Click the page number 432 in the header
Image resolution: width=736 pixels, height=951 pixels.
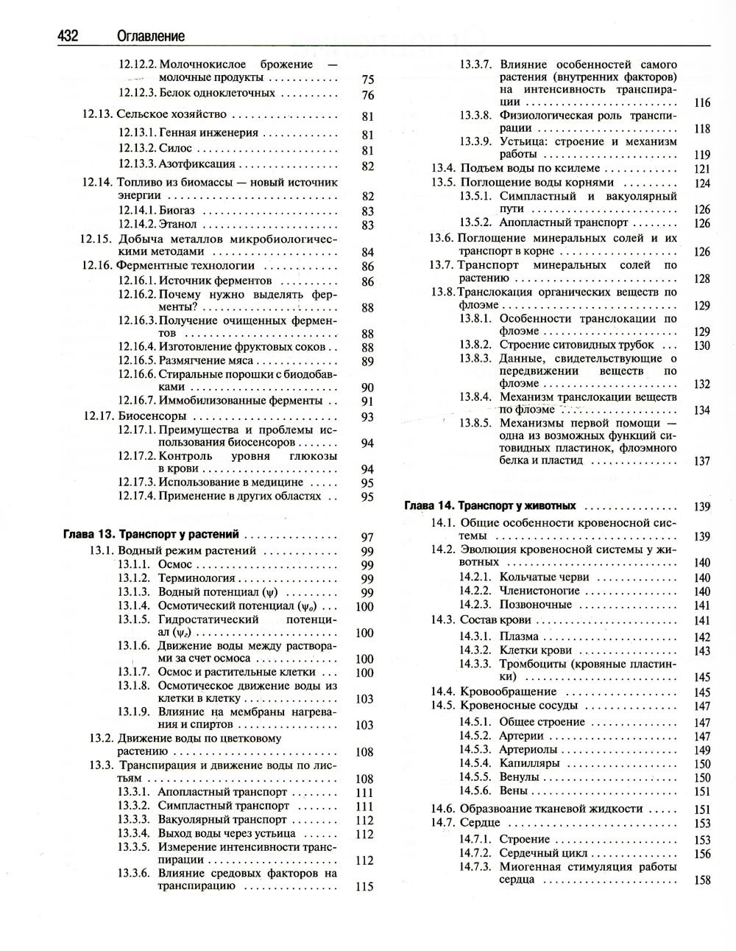point(67,35)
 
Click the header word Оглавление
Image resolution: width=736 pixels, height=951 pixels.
point(150,35)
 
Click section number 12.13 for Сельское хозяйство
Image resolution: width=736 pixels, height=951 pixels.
point(97,114)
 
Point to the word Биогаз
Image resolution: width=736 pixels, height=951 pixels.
point(177,210)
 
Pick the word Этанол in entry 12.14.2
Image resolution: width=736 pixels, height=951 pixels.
point(178,224)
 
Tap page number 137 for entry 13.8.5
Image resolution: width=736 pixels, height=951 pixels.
point(701,461)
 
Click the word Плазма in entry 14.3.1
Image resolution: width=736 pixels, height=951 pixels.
point(519,636)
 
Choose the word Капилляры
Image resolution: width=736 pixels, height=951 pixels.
point(529,763)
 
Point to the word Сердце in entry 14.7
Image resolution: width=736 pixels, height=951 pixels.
point(480,822)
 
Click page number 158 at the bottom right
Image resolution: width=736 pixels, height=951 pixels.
point(701,880)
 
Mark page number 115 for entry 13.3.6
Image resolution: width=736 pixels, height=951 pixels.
point(364,887)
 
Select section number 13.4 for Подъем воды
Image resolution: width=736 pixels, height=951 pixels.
point(443,168)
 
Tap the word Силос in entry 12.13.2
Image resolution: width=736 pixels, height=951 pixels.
point(175,148)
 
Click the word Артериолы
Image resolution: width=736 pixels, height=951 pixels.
point(528,749)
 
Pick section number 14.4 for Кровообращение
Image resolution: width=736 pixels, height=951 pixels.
point(443,691)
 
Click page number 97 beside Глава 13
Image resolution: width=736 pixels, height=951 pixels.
point(367,537)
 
